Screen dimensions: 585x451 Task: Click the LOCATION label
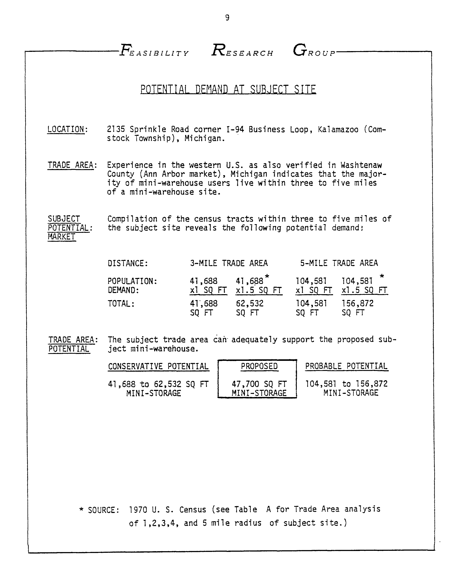[66, 129]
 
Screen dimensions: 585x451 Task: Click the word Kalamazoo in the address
[338, 130]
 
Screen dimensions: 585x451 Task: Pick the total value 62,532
[250, 303]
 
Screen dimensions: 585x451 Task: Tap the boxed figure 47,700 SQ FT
[259, 384]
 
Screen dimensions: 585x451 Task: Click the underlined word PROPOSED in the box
[259, 366]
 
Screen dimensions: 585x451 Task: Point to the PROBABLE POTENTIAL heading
[346, 366]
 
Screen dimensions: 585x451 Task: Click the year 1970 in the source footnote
[138, 509]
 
